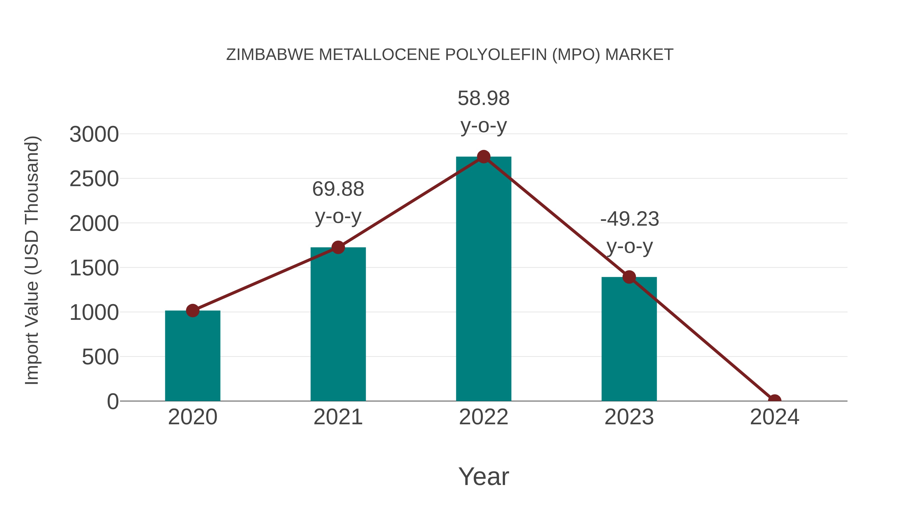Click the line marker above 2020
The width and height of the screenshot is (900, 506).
(192, 310)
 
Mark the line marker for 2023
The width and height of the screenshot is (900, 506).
(629, 277)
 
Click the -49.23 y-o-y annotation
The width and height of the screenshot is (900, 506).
(629, 233)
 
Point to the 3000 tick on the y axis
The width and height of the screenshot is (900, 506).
(94, 134)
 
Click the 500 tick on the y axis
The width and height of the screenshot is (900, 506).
(100, 357)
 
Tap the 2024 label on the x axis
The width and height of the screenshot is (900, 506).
(774, 417)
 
